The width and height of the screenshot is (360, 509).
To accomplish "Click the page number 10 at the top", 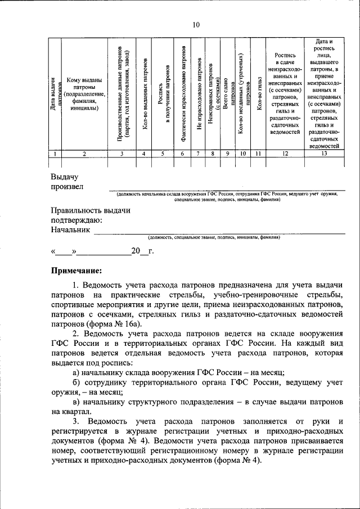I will click(195, 24).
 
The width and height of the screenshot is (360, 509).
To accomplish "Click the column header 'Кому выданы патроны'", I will click(84, 94).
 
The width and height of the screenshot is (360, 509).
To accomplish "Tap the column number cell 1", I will click(55, 153).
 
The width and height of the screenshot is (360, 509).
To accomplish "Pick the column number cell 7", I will click(199, 153).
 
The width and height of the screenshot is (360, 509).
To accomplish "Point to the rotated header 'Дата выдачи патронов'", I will click(55, 93).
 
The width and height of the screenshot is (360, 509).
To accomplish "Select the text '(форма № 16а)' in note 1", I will click(116, 324).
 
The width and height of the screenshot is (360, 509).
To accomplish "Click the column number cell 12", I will click(285, 153).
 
